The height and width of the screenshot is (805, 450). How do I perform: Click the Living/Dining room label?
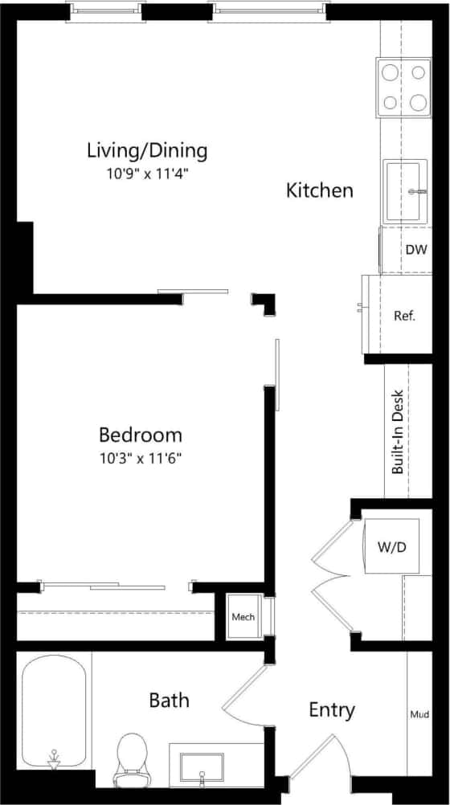pos(147,150)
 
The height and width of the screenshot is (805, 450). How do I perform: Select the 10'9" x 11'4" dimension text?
pos(147,173)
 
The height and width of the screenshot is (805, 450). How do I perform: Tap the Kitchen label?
pos(320,190)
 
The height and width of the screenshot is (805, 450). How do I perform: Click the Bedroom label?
pos(141,435)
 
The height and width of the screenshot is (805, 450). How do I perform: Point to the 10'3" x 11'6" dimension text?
pos(141,459)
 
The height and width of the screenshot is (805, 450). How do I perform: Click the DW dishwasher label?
pos(415,250)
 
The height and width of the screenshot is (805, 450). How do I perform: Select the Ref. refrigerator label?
pos(404,316)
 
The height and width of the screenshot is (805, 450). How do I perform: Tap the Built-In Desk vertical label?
pos(397,432)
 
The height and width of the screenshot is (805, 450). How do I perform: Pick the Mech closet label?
pos(243,617)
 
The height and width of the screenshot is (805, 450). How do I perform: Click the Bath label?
pos(170,701)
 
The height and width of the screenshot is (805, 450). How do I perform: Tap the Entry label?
pos(332,710)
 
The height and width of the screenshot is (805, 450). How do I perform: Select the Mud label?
pos(419,713)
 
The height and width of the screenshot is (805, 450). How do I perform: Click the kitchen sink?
pos(406,191)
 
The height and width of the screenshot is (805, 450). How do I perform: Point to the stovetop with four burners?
pos(404,87)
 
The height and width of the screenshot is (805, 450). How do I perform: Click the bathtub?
pos(54,712)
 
